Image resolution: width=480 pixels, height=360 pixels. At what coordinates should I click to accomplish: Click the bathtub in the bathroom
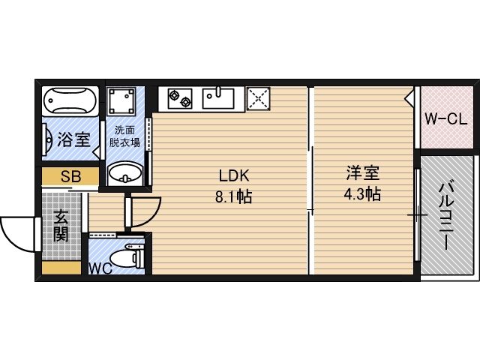(x=69, y=101)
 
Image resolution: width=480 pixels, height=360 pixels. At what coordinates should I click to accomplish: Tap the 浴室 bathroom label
(x=73, y=139)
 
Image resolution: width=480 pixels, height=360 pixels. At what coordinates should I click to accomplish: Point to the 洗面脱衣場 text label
(x=124, y=135)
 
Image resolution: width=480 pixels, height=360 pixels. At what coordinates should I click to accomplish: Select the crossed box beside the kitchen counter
(x=259, y=99)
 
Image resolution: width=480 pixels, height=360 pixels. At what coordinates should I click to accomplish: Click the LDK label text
(x=233, y=176)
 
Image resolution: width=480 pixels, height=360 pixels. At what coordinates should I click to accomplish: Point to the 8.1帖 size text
(x=234, y=197)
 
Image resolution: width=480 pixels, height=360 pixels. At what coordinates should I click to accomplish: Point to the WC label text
(x=100, y=268)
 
